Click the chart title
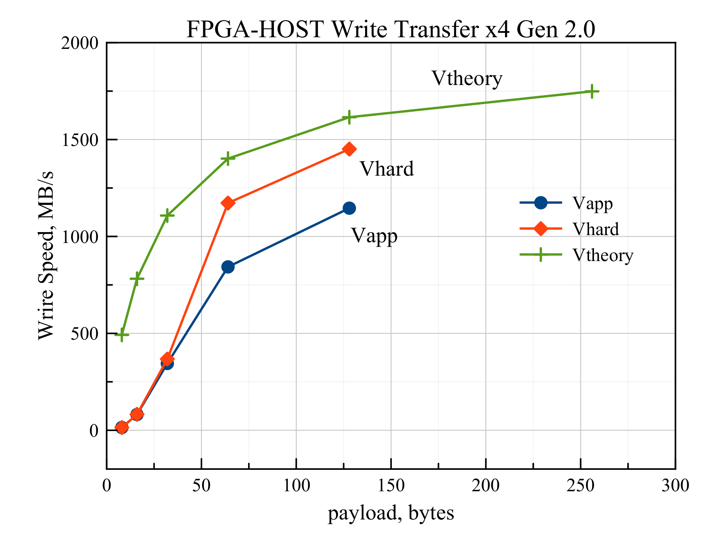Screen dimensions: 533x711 [x=391, y=29]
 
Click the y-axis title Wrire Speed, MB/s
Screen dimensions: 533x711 [x=46, y=255]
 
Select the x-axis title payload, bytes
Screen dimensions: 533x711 [x=391, y=513]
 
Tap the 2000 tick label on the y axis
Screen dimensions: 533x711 [x=79, y=43]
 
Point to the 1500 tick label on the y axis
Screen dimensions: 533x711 [x=79, y=140]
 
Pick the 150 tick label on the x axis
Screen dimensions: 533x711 [x=391, y=486]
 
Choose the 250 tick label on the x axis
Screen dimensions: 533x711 [x=581, y=486]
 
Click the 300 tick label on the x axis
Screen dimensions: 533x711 [x=675, y=486]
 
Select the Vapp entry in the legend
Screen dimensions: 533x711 [x=592, y=203]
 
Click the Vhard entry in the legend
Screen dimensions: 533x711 [x=595, y=229]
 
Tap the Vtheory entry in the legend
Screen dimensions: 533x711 [x=603, y=255]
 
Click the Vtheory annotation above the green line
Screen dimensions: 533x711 [x=467, y=79]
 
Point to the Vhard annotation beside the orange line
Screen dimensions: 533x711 [x=387, y=169]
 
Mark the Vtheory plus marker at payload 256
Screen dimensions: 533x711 [x=592, y=91]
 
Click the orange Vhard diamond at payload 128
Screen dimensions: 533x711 [x=349, y=149]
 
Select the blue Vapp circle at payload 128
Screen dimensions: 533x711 [x=349, y=208]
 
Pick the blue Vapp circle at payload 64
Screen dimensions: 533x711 [x=228, y=267]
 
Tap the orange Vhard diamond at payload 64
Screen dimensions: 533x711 [x=228, y=203]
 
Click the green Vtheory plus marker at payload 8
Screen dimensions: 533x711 [x=122, y=334]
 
